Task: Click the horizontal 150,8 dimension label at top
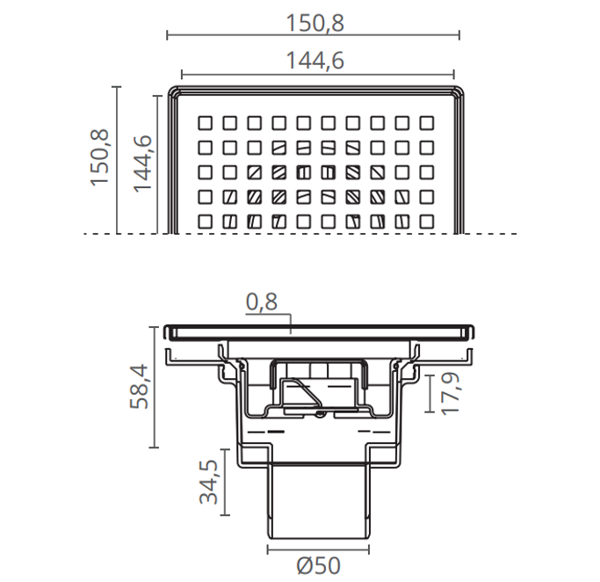click(314, 23)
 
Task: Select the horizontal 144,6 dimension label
click(314, 61)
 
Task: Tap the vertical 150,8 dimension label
click(100, 157)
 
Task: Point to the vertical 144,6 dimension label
click(142, 164)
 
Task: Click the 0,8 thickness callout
click(262, 302)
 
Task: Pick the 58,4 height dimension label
click(139, 387)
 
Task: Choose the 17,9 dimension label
click(450, 393)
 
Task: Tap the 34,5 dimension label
click(209, 482)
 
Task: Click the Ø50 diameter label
click(318, 565)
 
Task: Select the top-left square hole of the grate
click(205, 123)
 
